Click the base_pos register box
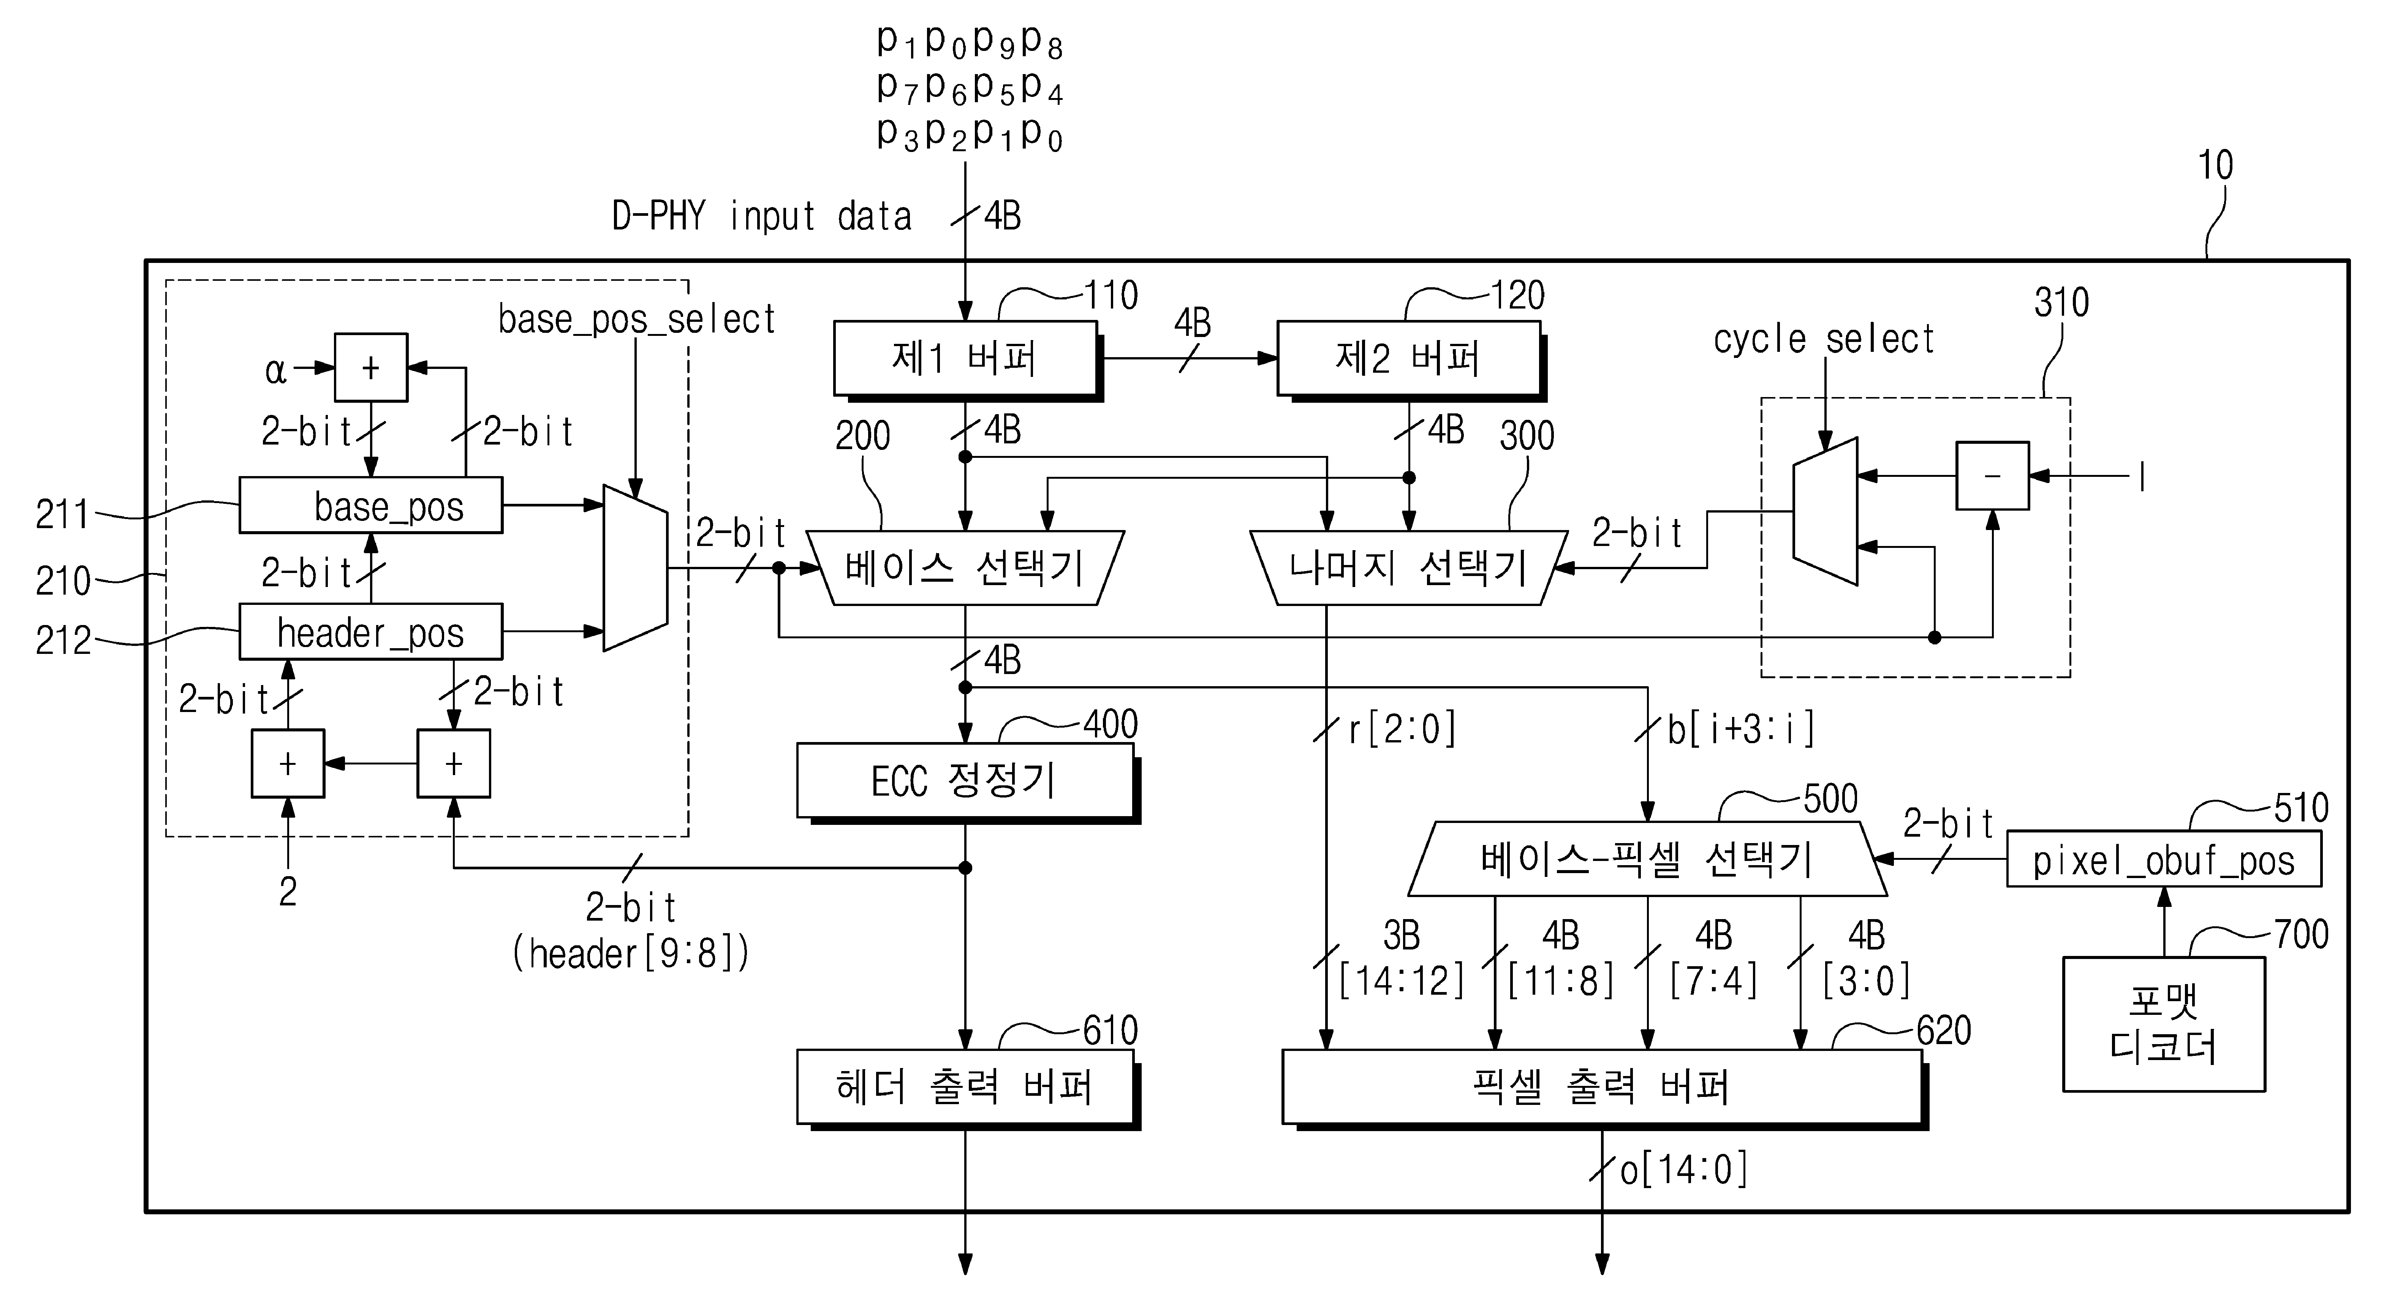(370, 505)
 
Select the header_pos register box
(370, 632)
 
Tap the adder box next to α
(370, 367)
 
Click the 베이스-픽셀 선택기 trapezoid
(1647, 859)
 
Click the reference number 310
(2061, 302)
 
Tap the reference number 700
(2302, 935)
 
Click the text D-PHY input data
(762, 215)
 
